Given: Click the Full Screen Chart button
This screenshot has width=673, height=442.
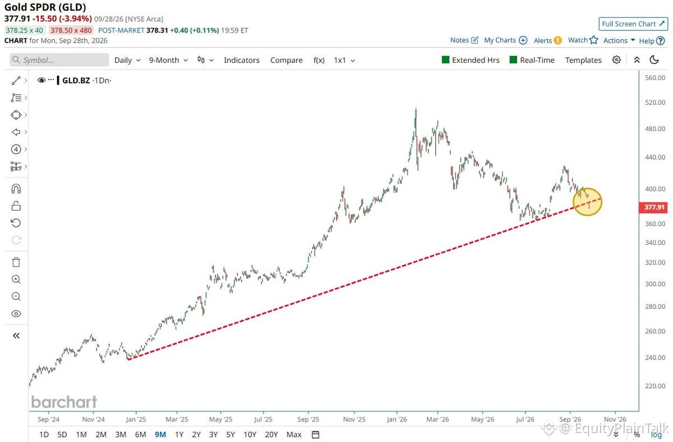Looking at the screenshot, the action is pyautogui.click(x=633, y=24).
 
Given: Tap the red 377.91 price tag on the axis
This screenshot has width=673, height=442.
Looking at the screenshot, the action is pyautogui.click(x=653, y=207).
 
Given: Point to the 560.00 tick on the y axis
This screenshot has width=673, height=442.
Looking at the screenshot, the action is pyautogui.click(x=655, y=78).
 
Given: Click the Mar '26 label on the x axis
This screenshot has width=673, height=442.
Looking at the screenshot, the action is pyautogui.click(x=437, y=419).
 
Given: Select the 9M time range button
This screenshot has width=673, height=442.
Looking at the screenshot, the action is pyautogui.click(x=160, y=435).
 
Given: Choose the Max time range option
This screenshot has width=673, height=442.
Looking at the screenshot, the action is pyautogui.click(x=294, y=435).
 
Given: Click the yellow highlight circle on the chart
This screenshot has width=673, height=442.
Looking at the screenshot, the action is pyautogui.click(x=573, y=202).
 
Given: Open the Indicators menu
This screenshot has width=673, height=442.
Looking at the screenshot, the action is pyautogui.click(x=242, y=61).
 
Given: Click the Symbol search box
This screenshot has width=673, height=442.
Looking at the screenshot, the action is pyautogui.click(x=59, y=60).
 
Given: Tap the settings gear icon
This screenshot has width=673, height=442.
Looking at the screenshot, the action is pyautogui.click(x=616, y=60).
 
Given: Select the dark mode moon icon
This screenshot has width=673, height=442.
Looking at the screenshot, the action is pyautogui.click(x=654, y=60).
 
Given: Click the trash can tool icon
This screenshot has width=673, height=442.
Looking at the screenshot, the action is pyautogui.click(x=16, y=262).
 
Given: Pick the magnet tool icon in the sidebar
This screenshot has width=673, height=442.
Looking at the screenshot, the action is pyautogui.click(x=16, y=189).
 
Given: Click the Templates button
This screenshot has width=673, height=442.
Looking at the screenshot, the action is pyautogui.click(x=583, y=61).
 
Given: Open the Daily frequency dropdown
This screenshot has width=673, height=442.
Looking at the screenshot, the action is pyautogui.click(x=127, y=61).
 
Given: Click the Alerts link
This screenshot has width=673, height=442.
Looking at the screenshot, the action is pyautogui.click(x=547, y=40).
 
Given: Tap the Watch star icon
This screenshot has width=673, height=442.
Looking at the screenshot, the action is pyautogui.click(x=593, y=40).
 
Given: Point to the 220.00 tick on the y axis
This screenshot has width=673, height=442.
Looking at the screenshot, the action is pyautogui.click(x=655, y=386).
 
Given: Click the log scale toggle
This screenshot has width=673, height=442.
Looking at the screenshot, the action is pyautogui.click(x=656, y=435).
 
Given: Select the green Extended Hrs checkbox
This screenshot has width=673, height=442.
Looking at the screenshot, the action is pyautogui.click(x=445, y=60).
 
